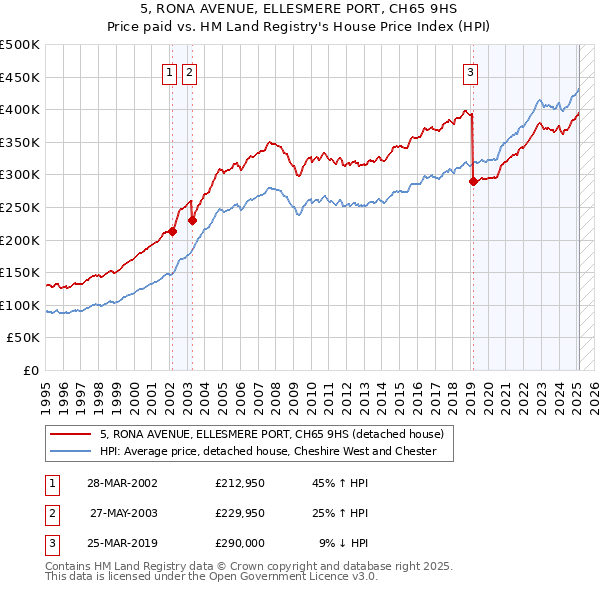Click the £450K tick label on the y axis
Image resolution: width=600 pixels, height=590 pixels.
[x=20, y=77]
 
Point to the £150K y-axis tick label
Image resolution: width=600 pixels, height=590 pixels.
[x=20, y=272]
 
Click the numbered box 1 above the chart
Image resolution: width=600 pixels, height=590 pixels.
[x=170, y=71]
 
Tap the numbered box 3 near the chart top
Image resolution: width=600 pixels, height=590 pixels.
[x=470, y=71]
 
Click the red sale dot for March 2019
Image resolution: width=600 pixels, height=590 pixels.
[x=473, y=181]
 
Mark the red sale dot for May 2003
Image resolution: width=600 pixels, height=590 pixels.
[x=192, y=220]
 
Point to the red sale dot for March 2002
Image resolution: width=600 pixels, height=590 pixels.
[x=172, y=231]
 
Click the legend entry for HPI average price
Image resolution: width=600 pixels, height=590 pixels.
[x=267, y=451]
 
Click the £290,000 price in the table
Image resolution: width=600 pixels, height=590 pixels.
[x=240, y=543]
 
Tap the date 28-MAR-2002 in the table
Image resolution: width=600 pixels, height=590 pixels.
[x=122, y=483]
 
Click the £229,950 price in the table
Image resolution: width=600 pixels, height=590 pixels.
[x=240, y=513]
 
